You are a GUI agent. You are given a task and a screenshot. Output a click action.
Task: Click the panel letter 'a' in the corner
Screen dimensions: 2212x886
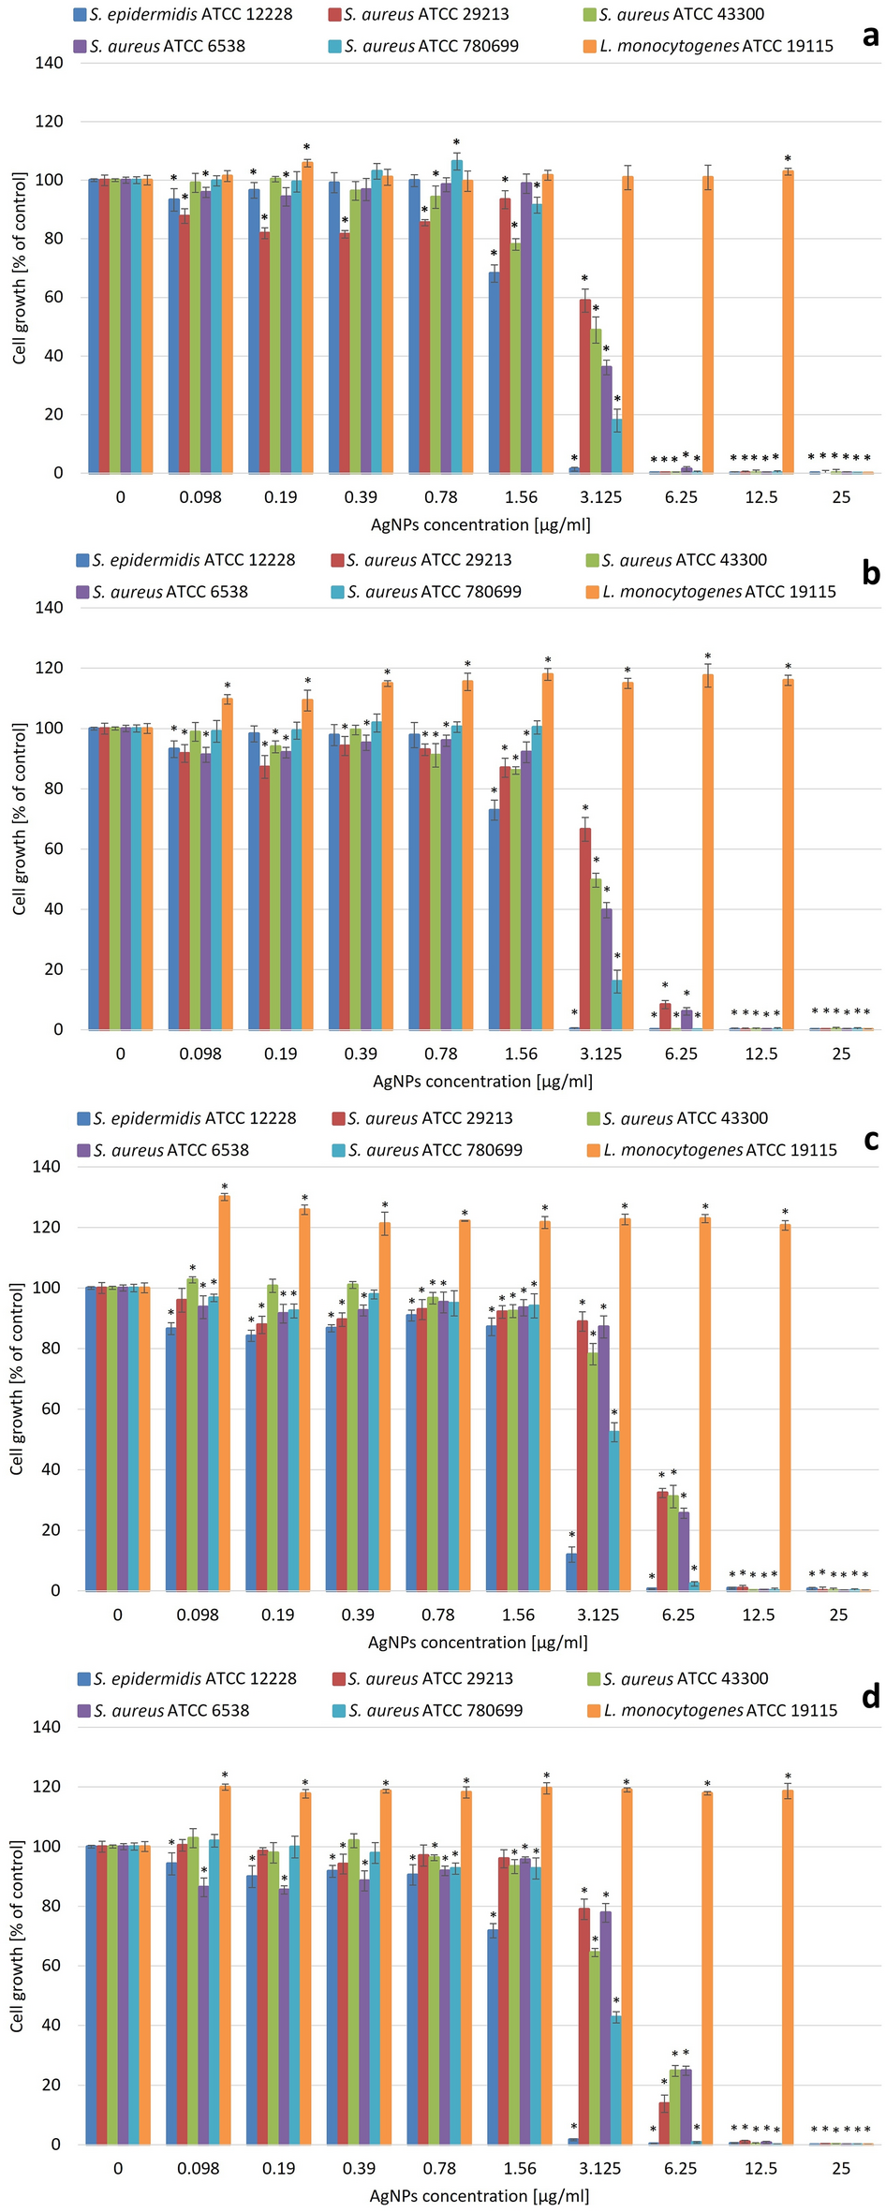pyautogui.click(x=871, y=37)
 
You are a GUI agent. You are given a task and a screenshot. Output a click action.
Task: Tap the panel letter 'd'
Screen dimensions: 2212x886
pyautogui.click(x=871, y=1696)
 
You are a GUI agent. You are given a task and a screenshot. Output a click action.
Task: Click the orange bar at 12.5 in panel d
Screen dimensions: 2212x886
pyautogui.click(x=788, y=1967)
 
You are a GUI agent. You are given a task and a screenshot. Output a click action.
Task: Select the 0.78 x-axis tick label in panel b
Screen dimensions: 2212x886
pyautogui.click(x=440, y=1054)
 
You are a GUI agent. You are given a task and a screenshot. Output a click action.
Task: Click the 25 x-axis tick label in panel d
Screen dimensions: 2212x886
pyautogui.click(x=841, y=2168)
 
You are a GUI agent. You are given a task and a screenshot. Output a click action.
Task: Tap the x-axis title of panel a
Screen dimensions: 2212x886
pyautogui.click(x=480, y=524)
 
